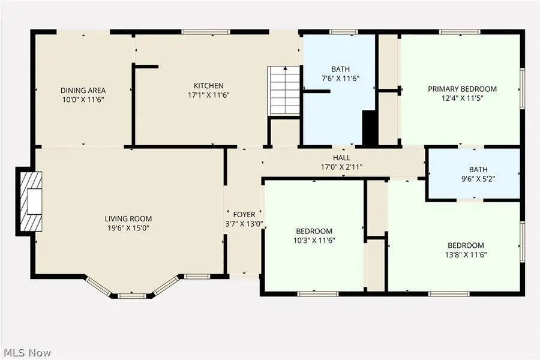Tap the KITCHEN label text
click(x=208, y=85)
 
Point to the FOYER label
click(x=244, y=214)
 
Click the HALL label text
click(x=341, y=158)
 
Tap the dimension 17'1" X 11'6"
click(x=208, y=95)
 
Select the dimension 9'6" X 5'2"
click(x=473, y=178)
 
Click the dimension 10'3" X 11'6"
click(x=314, y=241)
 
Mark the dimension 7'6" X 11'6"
click(x=340, y=79)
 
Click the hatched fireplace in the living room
click(x=29, y=202)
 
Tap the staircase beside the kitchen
click(x=283, y=91)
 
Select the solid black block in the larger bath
click(x=370, y=128)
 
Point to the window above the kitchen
click(x=206, y=32)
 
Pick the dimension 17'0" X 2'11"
click(x=341, y=167)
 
